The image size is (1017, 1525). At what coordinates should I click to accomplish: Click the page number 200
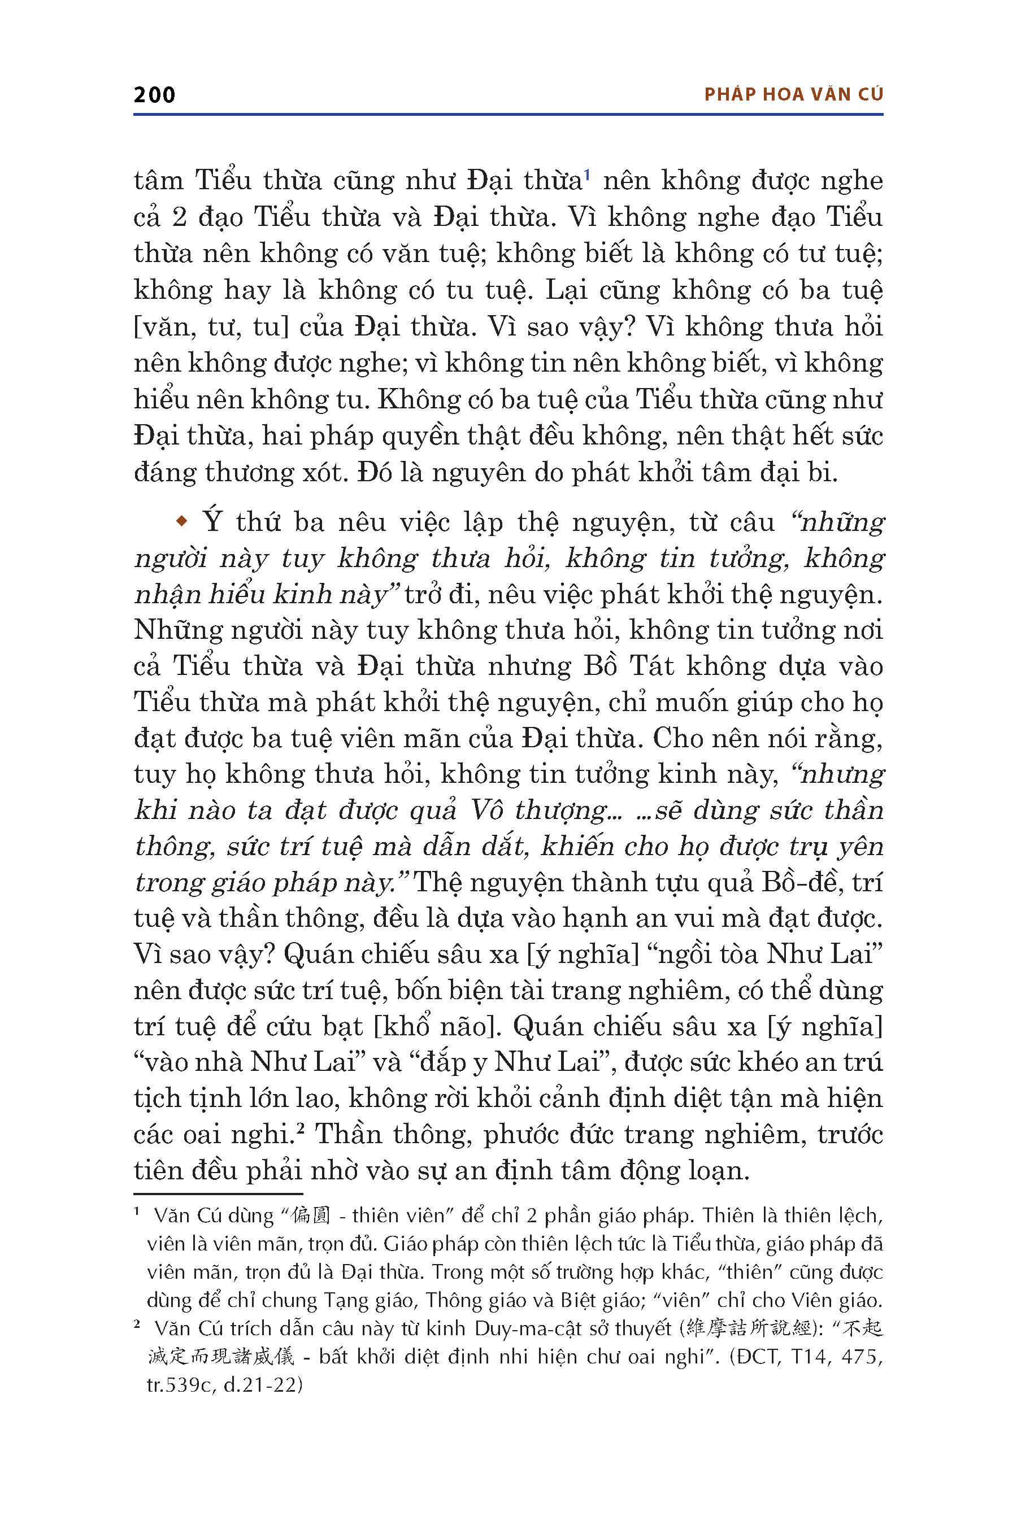pyautogui.click(x=154, y=95)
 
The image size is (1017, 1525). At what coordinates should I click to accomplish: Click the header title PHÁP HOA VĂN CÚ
pyautogui.click(x=793, y=95)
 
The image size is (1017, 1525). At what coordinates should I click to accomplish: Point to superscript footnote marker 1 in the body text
pyautogui.click(x=586, y=174)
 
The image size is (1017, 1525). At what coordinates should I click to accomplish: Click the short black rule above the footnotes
pyautogui.click(x=218, y=1193)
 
